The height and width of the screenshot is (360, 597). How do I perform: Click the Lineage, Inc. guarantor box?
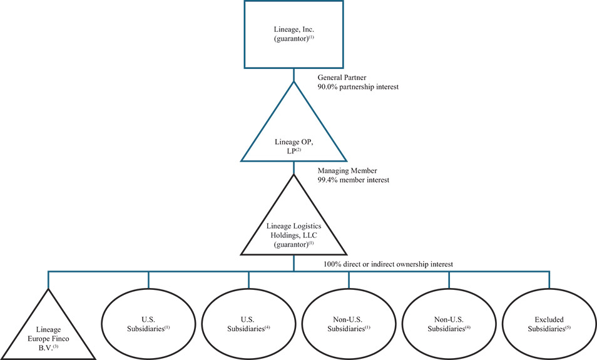point(293,34)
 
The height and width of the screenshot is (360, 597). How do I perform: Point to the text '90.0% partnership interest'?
point(358,87)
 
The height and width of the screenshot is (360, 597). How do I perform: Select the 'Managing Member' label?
point(348,170)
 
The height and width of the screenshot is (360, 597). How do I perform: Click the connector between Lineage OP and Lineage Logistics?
point(293,167)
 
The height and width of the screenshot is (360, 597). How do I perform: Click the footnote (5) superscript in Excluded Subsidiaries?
point(569,326)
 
